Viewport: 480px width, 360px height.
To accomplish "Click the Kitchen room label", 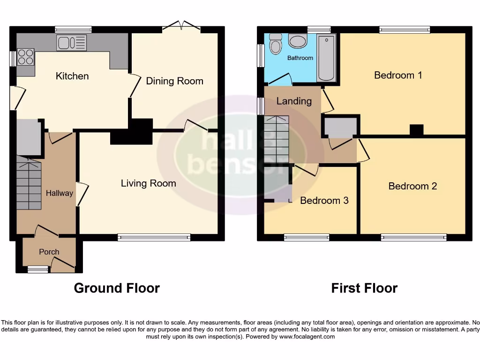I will (x=72, y=76).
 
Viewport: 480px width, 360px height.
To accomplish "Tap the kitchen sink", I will (x=72, y=43).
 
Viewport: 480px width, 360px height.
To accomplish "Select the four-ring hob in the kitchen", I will (x=26, y=57).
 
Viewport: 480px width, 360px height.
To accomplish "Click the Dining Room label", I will (x=174, y=81).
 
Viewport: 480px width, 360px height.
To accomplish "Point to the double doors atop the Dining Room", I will (x=182, y=27).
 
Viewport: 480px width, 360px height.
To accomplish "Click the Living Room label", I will (x=148, y=183).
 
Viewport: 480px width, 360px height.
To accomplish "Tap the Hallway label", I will (x=60, y=193).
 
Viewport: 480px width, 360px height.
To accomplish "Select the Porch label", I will (x=49, y=252).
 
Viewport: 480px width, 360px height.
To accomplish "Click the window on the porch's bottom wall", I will (x=37, y=269).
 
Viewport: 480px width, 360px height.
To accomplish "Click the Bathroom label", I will (x=300, y=58).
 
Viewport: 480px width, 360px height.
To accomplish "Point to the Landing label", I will (x=294, y=101).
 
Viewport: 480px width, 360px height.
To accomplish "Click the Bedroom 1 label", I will (x=398, y=75).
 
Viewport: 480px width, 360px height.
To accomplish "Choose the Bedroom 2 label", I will (x=412, y=186).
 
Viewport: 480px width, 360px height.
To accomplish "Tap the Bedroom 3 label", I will (x=324, y=201).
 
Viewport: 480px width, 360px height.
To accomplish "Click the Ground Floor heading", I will (x=117, y=288).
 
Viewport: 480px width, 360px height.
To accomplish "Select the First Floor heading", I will (x=364, y=288).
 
